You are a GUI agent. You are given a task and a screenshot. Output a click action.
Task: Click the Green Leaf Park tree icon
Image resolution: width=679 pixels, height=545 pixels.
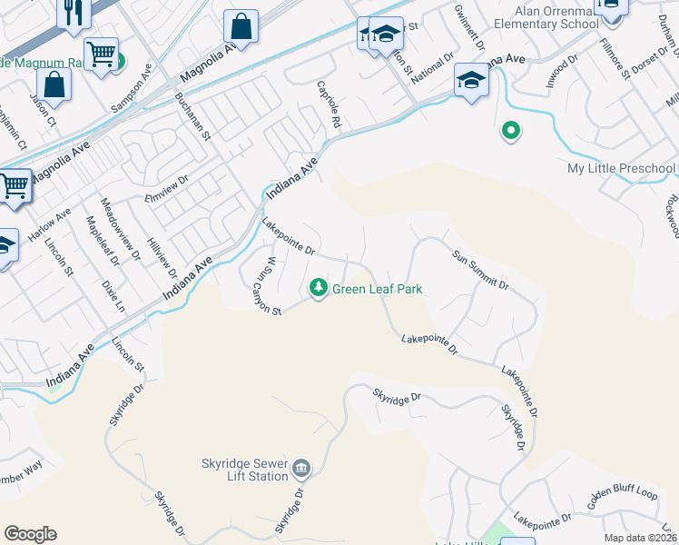pos(318,288)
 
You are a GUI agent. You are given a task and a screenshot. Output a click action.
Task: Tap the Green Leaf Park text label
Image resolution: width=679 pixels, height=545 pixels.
pos(378,290)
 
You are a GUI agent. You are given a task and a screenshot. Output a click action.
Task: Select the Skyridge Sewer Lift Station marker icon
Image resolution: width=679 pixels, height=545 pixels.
pos(301,470)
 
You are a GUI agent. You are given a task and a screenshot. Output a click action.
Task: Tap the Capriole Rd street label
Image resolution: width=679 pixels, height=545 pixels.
pos(329,104)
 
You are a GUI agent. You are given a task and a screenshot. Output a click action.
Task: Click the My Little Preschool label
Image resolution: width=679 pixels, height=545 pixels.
pos(622,169)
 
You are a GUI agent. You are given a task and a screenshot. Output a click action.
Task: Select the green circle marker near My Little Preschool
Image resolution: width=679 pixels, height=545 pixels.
pos(511,132)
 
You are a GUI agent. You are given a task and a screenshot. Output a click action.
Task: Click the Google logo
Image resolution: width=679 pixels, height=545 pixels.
pos(30,534)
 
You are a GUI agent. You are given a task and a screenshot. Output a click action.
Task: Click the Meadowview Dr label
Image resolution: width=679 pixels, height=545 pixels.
pos(119,228)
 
